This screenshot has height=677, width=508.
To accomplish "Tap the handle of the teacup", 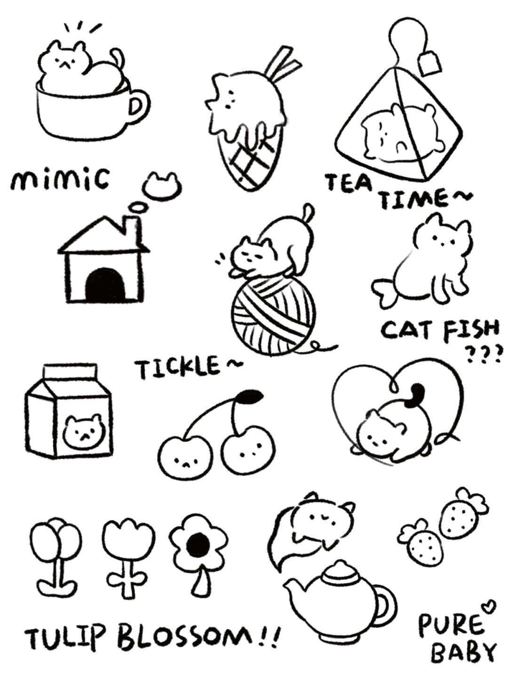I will click(x=138, y=106).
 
